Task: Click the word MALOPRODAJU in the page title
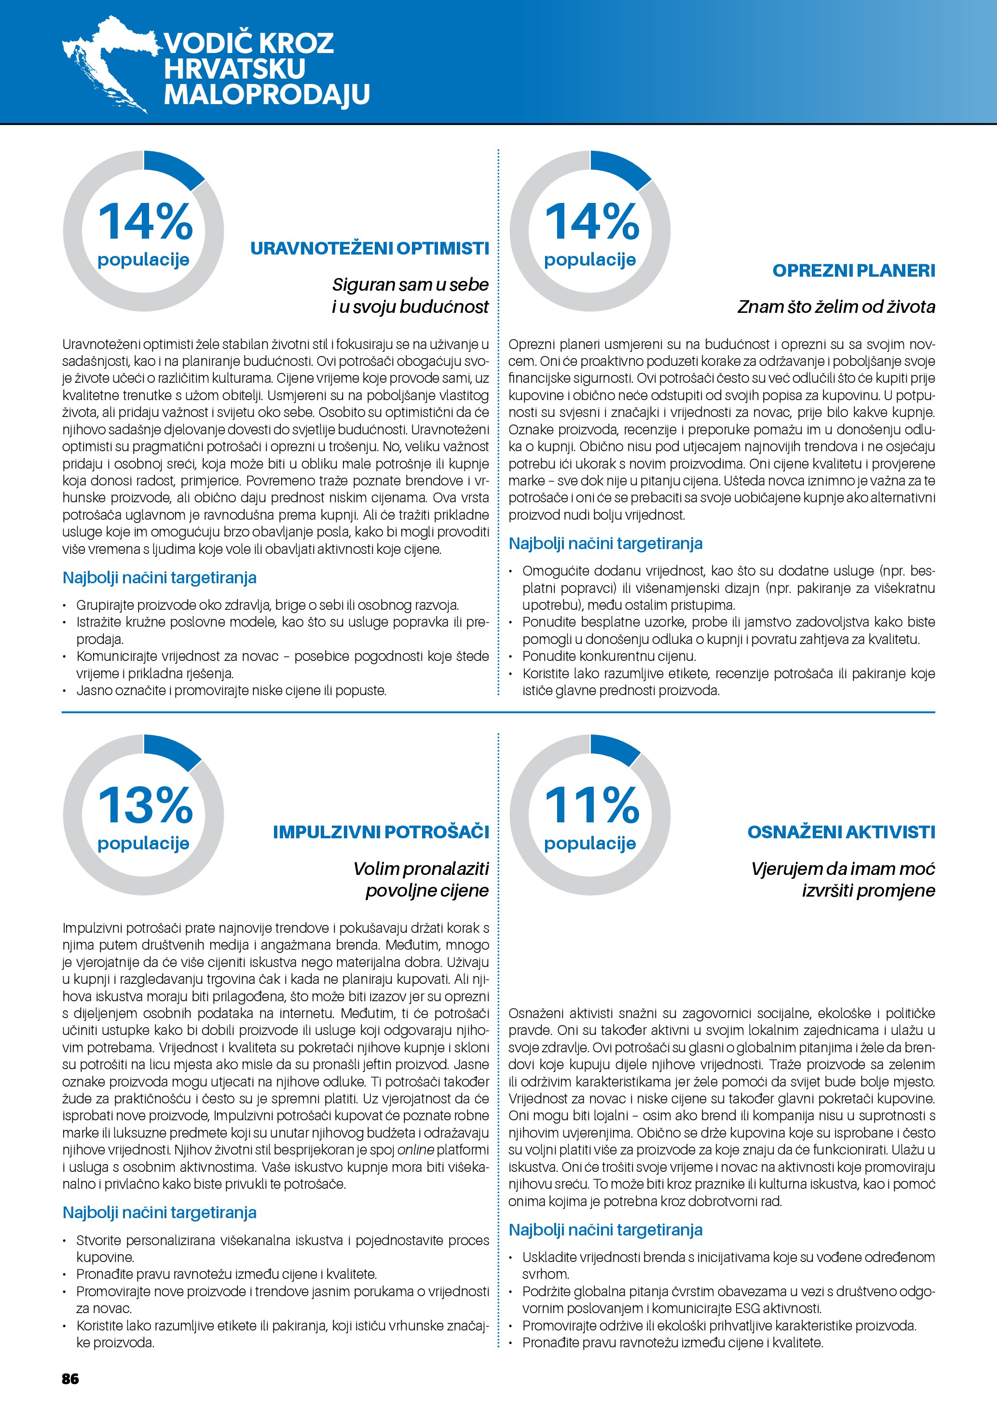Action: point(266,94)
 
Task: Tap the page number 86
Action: point(70,1379)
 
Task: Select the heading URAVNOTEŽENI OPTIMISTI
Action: point(369,249)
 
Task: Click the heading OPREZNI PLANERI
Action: point(853,270)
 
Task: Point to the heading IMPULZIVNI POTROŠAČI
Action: point(381,832)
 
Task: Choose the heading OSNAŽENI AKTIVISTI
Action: point(841,832)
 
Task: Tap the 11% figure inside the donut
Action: point(592,805)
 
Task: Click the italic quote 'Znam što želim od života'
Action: point(836,307)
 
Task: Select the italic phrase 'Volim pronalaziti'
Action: point(421,869)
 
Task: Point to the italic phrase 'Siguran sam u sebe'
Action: point(410,285)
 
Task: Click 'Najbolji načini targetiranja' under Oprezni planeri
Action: point(605,544)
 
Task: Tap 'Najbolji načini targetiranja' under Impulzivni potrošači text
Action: point(159,1213)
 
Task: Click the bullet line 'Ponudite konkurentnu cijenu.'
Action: point(609,656)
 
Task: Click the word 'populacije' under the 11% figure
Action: point(590,844)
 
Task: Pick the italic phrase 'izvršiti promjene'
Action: point(868,890)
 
